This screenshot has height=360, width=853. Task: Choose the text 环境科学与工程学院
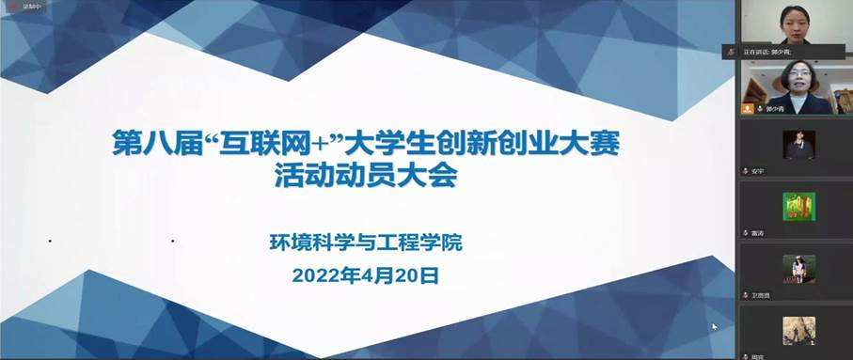366,243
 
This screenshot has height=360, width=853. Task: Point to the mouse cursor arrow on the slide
715,327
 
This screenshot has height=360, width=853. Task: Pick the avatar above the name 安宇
798,144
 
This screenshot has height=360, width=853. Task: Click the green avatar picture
798,206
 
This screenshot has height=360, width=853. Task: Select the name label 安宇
760,171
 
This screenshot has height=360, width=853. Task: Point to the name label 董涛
758,232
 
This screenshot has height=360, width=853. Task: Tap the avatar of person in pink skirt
798,269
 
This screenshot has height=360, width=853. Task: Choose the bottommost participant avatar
798,330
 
